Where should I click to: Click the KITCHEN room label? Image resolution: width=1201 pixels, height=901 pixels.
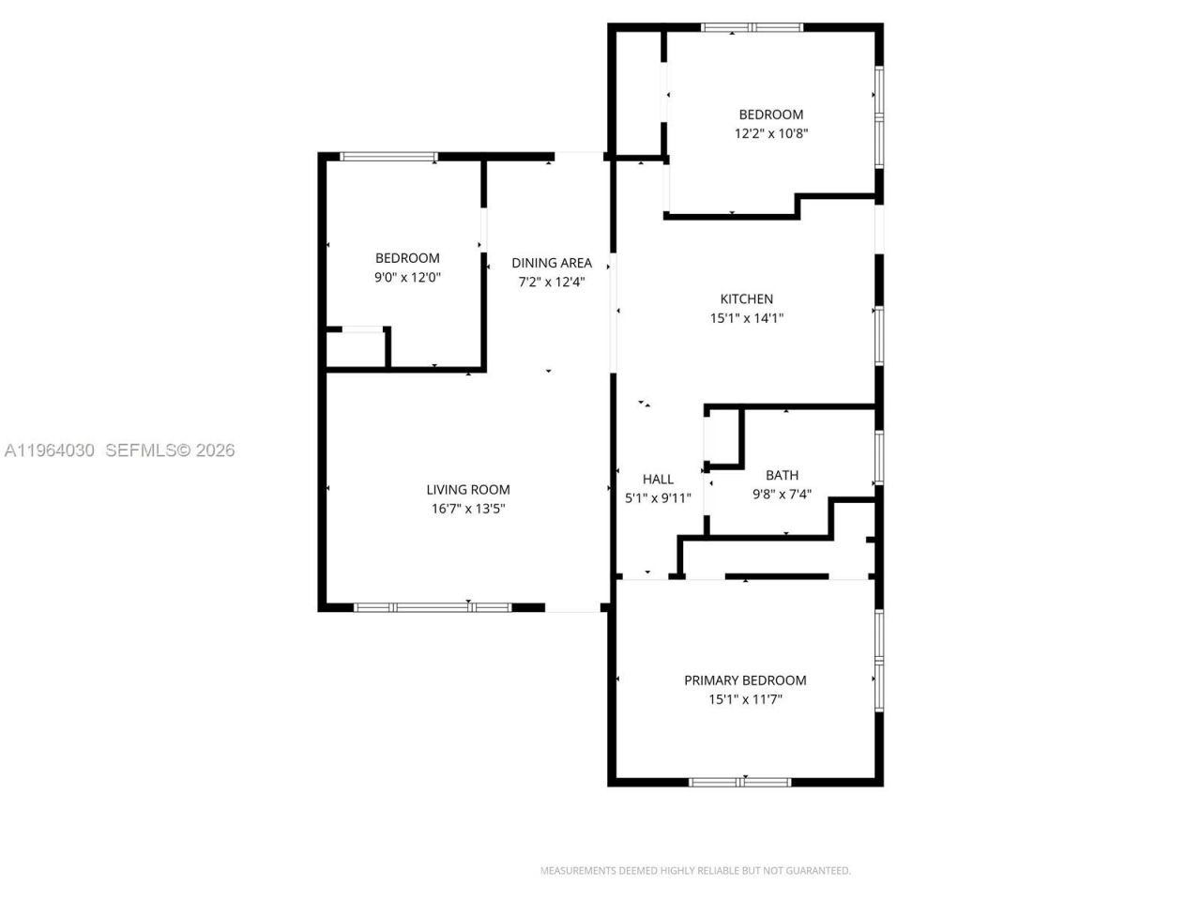746,299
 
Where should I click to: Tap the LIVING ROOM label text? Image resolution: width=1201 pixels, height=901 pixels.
468,489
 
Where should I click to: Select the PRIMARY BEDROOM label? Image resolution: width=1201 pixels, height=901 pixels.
745,680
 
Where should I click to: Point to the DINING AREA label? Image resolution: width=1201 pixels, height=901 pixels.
552,263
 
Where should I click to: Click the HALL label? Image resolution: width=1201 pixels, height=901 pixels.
658,479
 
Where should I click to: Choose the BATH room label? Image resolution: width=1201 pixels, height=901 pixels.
782,475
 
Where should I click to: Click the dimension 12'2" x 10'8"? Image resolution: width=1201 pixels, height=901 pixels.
770,134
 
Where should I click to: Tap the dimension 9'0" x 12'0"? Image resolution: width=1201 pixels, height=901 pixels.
407,277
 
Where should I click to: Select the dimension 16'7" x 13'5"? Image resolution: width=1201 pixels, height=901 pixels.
468,509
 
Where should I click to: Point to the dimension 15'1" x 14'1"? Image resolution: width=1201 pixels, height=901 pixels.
746,318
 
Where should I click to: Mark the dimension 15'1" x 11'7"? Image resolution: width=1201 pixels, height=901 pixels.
745,699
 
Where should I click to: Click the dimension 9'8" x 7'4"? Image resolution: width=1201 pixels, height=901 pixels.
782,494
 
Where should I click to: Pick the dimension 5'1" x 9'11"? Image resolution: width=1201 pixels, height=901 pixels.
658,498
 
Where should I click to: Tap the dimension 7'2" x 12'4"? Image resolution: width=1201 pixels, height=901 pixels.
552,282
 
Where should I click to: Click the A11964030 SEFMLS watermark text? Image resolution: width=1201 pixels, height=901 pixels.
119,450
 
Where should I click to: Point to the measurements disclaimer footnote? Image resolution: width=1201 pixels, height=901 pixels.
695,871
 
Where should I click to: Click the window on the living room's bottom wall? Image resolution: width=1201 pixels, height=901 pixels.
433,607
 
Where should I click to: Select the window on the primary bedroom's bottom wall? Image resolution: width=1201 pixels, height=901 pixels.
739,781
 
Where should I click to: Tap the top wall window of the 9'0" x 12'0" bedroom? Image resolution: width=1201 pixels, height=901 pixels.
388,157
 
